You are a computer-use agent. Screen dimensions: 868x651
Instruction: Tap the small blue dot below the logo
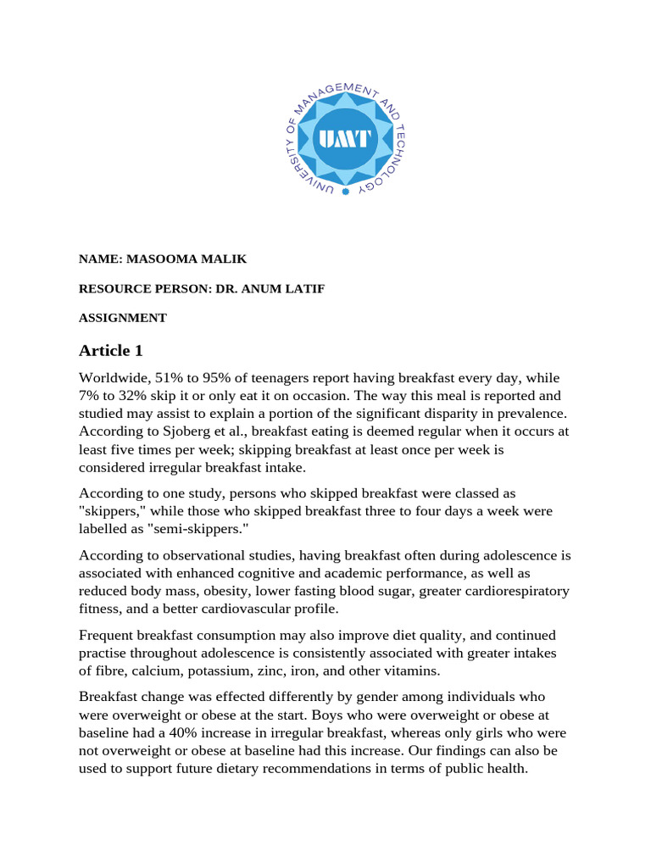(x=345, y=192)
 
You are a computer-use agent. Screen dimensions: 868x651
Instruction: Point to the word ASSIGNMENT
(x=123, y=318)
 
